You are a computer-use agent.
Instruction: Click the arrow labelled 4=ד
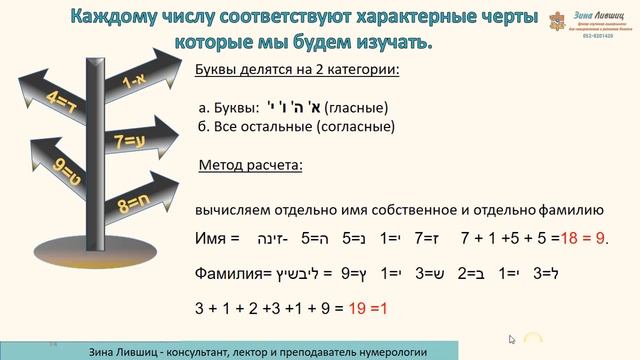pos(58,101)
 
